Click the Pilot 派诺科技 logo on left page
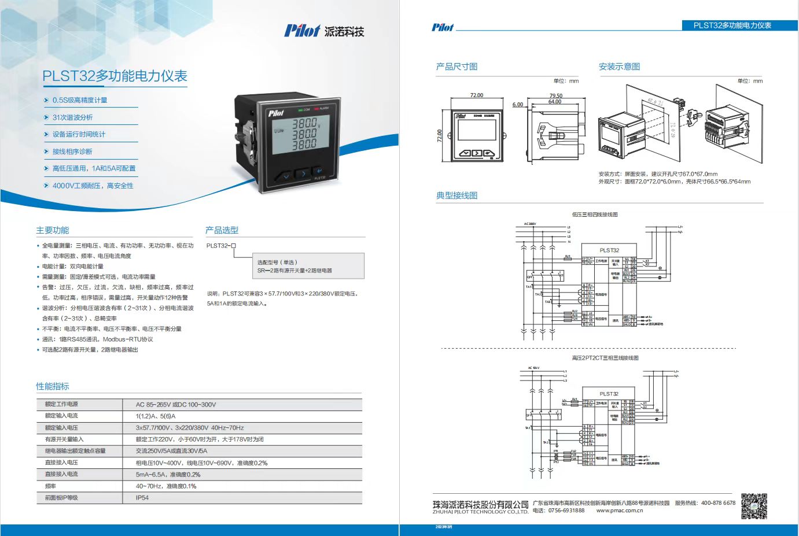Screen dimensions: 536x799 (324, 31)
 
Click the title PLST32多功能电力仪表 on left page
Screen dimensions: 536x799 (115, 76)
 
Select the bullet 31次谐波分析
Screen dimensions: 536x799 (72, 117)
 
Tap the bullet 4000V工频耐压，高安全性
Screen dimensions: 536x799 (93, 186)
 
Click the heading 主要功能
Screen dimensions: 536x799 (53, 230)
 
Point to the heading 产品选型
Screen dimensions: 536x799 (222, 230)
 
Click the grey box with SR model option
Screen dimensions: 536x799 (311, 266)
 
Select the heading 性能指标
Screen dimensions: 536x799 (53, 386)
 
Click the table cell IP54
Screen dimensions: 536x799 (142, 498)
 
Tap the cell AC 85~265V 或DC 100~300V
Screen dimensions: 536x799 (176, 405)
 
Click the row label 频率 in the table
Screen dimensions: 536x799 (50, 486)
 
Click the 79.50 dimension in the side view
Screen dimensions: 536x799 (555, 96)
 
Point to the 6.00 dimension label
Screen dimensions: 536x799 (517, 105)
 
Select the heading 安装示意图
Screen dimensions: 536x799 (619, 66)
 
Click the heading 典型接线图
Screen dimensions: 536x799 (456, 195)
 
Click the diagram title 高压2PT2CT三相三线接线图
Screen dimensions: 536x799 (605, 358)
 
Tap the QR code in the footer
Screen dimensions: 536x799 (754, 506)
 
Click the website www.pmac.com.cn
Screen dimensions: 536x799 (619, 511)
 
